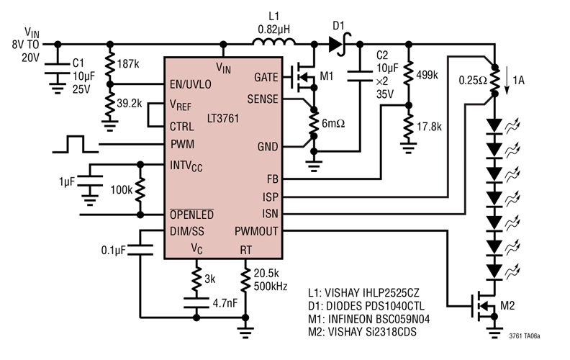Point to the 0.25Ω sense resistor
pyautogui.click(x=494, y=81)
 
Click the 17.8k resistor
pyautogui.click(x=409, y=125)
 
